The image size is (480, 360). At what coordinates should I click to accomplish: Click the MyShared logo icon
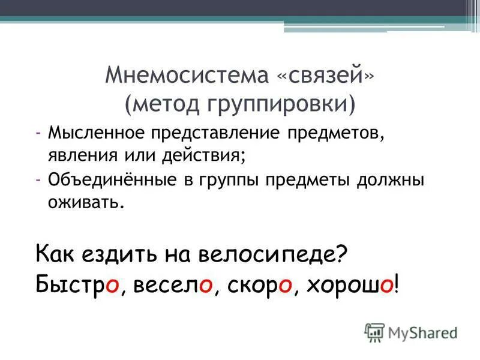coord(374,332)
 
